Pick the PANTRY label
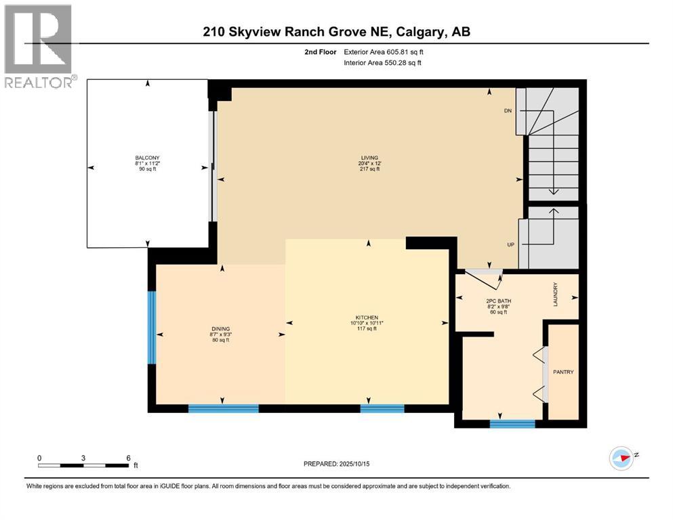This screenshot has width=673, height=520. (x=563, y=372)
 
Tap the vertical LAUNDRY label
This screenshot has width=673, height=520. (x=554, y=295)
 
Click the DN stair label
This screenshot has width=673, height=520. (x=507, y=110)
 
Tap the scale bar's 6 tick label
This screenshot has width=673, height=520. (x=127, y=458)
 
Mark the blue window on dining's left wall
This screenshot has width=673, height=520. (x=152, y=327)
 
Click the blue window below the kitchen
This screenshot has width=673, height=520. (x=382, y=408)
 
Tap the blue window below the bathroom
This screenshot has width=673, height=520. (x=512, y=424)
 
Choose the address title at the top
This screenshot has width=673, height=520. (x=336, y=31)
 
